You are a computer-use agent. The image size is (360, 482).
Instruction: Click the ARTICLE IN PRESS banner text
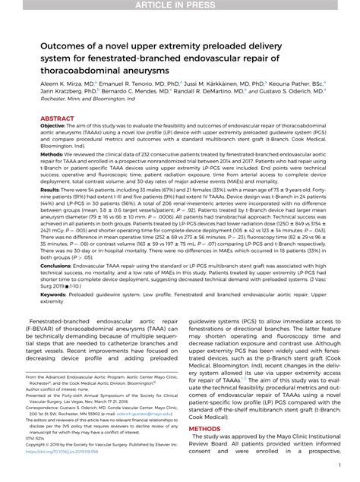[180, 6]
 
